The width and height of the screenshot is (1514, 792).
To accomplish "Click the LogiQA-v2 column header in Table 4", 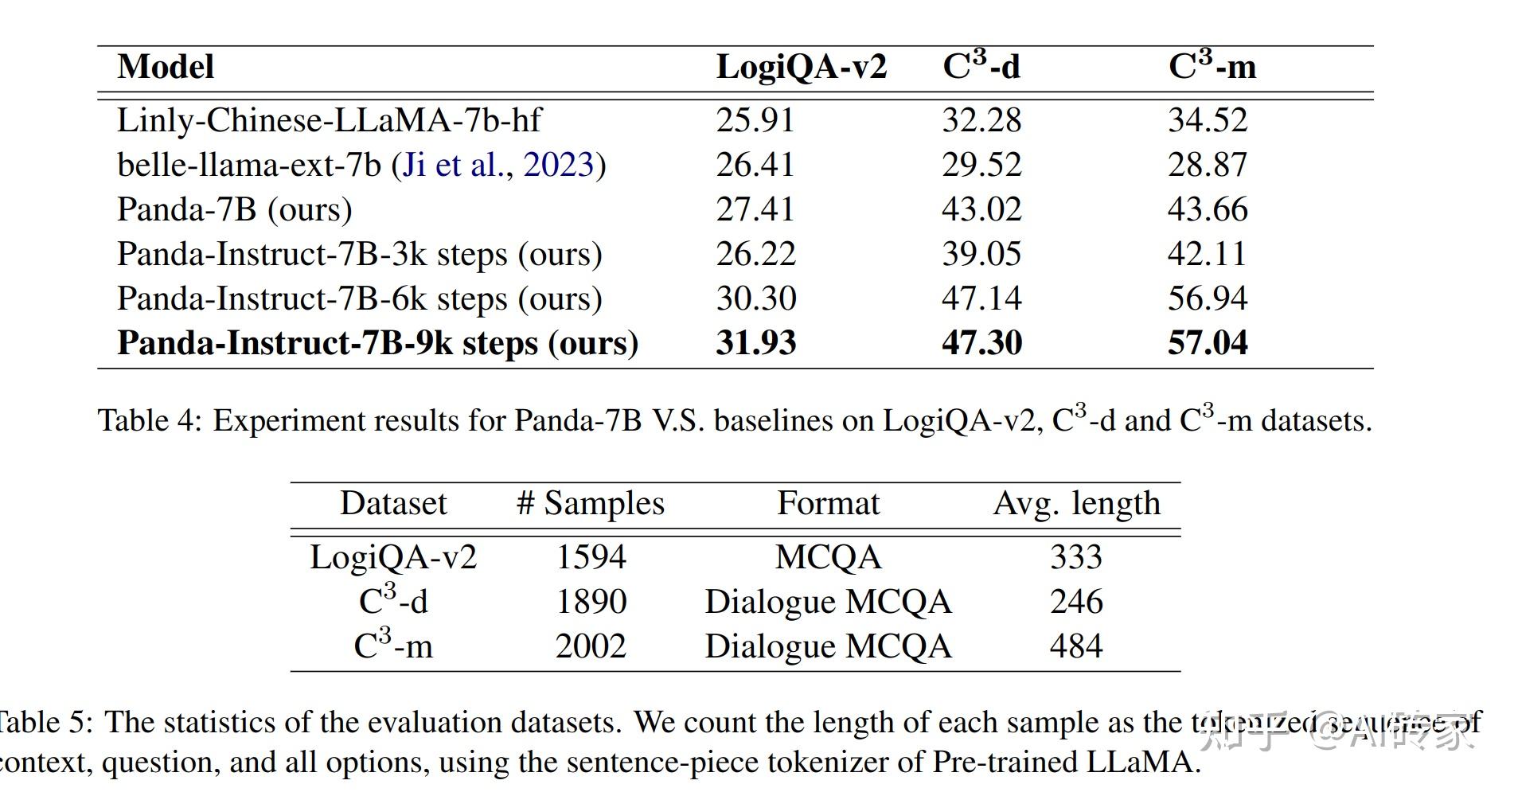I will [x=801, y=67].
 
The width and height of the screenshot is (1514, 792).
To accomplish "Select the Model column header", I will [x=166, y=67].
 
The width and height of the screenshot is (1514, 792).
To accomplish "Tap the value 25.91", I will [x=755, y=120].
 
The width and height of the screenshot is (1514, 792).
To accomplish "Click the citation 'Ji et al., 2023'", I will [x=498, y=165].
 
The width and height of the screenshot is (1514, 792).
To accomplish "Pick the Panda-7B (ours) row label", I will [x=234, y=209].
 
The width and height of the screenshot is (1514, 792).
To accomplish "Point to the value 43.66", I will [x=1207, y=209].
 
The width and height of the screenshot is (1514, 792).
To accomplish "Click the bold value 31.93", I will [x=755, y=343].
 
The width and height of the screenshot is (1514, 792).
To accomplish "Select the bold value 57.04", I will [x=1207, y=343].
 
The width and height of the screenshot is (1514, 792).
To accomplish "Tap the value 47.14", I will [x=981, y=298].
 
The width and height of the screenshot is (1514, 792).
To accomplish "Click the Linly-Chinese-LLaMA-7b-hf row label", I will [x=329, y=120].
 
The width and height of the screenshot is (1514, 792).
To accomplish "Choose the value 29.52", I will [x=981, y=165].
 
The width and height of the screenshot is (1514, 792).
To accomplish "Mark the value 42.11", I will [x=1207, y=254].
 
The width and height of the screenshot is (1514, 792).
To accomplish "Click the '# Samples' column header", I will [x=590, y=504].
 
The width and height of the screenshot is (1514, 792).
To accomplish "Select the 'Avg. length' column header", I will [x=1076, y=504].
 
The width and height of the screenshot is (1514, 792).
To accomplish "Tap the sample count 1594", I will [x=591, y=557].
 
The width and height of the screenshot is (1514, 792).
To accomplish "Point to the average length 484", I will [x=1076, y=646].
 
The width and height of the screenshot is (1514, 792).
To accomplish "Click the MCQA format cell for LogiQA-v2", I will [x=828, y=557].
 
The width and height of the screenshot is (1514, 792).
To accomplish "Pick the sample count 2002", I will [x=591, y=646].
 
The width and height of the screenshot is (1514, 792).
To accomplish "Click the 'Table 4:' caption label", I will [x=150, y=420].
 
